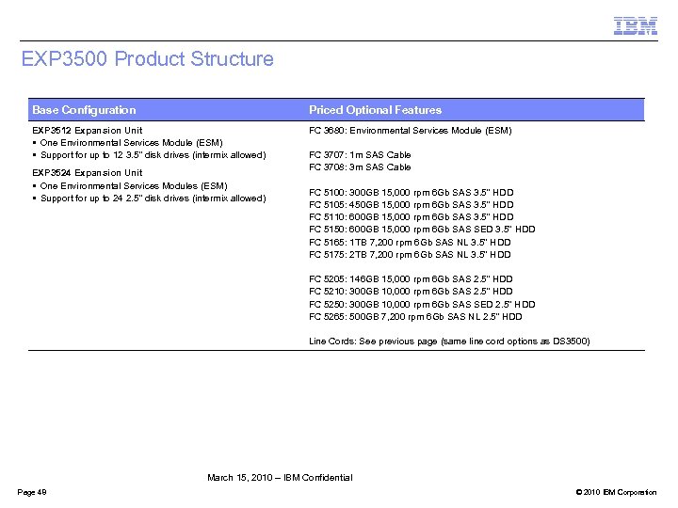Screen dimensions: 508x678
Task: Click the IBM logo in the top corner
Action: pyautogui.click(x=635, y=25)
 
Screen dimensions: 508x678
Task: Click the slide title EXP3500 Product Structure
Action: pyautogui.click(x=148, y=59)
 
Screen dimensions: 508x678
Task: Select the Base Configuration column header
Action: pyautogui.click(x=84, y=110)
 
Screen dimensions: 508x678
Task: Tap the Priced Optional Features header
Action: pyautogui.click(x=375, y=110)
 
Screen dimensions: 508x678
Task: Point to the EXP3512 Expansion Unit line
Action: pyautogui.click(x=88, y=131)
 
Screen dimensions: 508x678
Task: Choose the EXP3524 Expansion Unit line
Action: pyautogui.click(x=88, y=173)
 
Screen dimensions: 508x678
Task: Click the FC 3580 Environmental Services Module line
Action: pyautogui.click(x=410, y=131)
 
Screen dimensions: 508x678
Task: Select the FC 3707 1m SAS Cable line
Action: pyautogui.click(x=360, y=155)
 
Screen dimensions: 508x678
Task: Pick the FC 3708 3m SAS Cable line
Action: pyautogui.click(x=360, y=167)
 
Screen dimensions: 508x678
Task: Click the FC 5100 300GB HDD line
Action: pyautogui.click(x=411, y=192)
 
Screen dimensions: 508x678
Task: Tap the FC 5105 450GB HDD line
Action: pyautogui.click(x=411, y=204)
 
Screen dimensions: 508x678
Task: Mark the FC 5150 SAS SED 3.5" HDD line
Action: pyautogui.click(x=422, y=229)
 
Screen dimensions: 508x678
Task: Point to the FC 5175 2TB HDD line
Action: pyautogui.click(x=410, y=254)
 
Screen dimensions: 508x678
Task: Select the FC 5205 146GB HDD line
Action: pyautogui.click(x=411, y=279)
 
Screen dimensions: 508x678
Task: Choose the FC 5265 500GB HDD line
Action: pyautogui.click(x=415, y=316)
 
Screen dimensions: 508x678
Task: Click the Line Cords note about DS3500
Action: pyautogui.click(x=449, y=341)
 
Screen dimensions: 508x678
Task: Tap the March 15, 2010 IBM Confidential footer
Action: pyautogui.click(x=280, y=478)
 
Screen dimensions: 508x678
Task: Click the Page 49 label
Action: pyautogui.click(x=32, y=493)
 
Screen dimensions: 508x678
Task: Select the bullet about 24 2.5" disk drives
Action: pyautogui.click(x=152, y=198)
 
